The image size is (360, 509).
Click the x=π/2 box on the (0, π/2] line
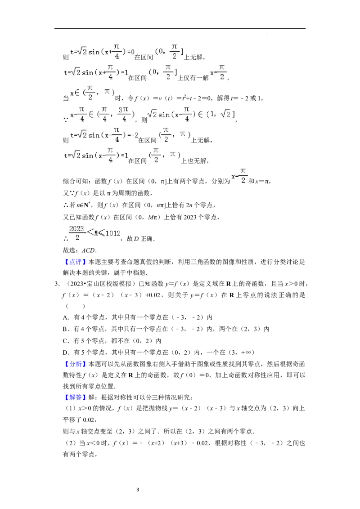click(218, 72)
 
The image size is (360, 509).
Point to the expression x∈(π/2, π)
click(92, 92)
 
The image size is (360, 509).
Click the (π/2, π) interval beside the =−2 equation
click(175, 134)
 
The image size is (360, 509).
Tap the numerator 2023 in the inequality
click(77, 228)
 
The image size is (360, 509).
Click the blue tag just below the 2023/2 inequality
click(75, 262)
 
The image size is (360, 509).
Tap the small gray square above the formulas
click(268, 34)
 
